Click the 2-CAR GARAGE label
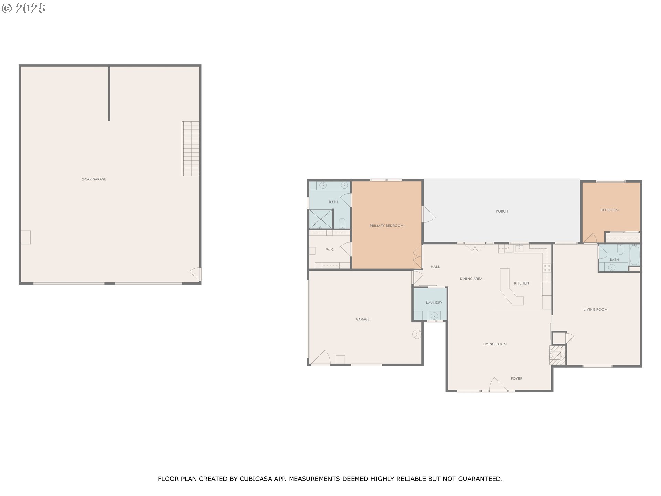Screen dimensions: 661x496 [94, 179]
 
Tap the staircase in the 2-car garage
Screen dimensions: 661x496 [191, 149]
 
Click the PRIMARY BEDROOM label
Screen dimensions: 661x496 [387, 226]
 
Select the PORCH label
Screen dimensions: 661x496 [502, 211]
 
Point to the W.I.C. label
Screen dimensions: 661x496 [330, 250]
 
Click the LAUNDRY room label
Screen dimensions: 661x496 [434, 303]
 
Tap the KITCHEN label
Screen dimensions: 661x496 [522, 283]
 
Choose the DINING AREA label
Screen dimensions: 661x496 [471, 279]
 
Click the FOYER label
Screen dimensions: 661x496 [516, 379]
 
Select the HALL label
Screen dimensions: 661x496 [435, 267]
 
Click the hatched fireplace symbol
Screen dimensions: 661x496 [557, 355]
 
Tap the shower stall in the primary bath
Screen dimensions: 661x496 [321, 219]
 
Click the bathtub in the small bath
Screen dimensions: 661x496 [634, 255]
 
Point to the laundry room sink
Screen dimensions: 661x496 [434, 316]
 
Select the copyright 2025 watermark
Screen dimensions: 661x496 [23, 9]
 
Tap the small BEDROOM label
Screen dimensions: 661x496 [609, 210]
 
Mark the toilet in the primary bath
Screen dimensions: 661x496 [342, 223]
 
